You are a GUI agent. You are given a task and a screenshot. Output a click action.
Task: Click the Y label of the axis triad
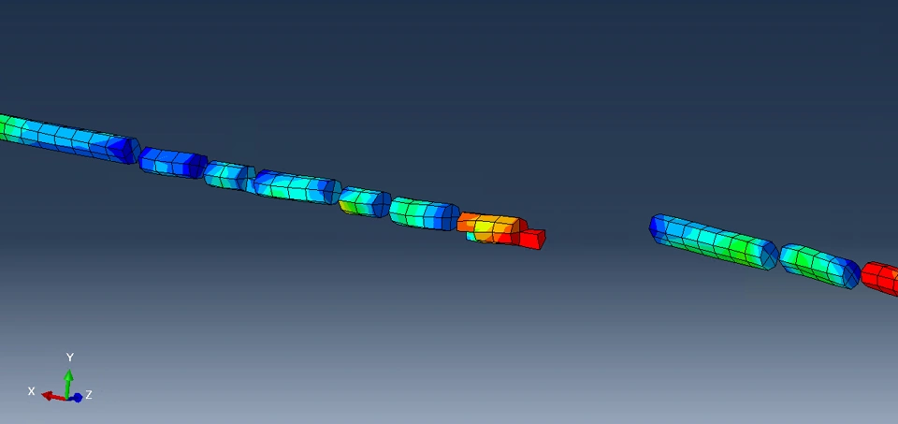click(x=70, y=358)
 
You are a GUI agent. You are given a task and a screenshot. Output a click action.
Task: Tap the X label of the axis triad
click(x=32, y=391)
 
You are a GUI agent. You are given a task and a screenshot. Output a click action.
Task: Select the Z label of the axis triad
click(x=89, y=395)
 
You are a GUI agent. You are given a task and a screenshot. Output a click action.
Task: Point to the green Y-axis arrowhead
click(x=68, y=375)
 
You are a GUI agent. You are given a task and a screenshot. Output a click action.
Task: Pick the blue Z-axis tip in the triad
click(x=78, y=398)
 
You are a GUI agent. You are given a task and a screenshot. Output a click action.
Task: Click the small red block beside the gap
click(x=532, y=239)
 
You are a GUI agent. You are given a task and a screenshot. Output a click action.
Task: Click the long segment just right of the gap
click(x=713, y=241)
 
